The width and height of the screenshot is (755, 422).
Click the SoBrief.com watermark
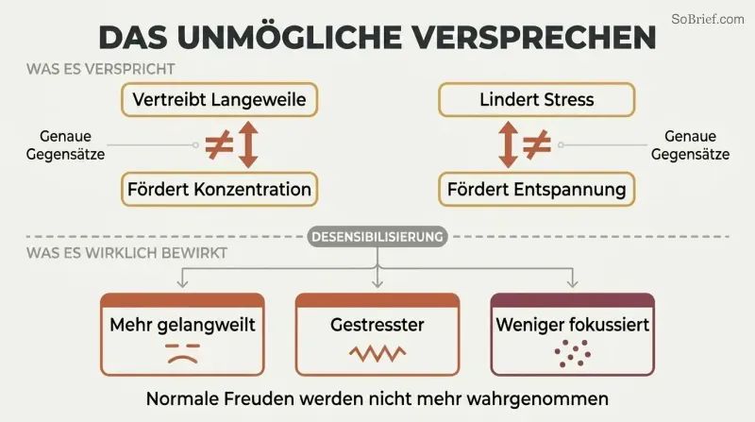pos(707,19)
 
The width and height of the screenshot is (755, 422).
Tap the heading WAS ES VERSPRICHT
pos(101,69)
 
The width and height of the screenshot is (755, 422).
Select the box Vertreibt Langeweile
pos(219,100)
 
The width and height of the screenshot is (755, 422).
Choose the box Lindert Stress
pos(536,100)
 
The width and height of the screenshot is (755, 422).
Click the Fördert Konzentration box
pos(219,190)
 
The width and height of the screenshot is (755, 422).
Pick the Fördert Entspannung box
pos(536,190)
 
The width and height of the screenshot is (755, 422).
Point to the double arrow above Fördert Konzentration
pos(248,144)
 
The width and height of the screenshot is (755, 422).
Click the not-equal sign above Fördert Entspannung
pos(537,144)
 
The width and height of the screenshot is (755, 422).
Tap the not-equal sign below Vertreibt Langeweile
pos(219,144)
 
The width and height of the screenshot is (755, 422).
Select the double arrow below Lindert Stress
pos(508,144)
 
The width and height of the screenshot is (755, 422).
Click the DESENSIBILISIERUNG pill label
pos(377,237)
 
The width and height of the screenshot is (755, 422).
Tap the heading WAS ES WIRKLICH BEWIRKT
pos(126,253)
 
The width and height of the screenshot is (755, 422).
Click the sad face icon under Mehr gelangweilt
pos(182,353)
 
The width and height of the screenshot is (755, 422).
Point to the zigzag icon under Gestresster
pos(377,354)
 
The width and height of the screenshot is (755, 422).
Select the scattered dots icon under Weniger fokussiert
pos(573,353)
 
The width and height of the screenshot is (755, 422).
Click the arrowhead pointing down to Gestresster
pos(377,283)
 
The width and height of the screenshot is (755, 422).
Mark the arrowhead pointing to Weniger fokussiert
pos(572,283)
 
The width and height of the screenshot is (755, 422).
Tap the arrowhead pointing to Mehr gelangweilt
pos(182,283)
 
